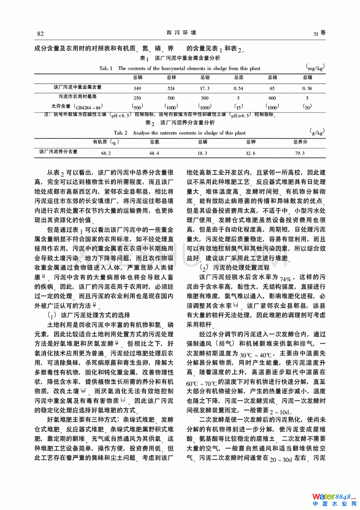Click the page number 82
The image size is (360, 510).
click(40, 34)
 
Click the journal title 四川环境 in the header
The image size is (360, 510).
click(181, 33)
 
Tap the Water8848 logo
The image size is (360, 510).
click(334, 499)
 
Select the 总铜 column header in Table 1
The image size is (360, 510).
click(137, 77)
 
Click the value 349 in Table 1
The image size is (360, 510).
click(137, 88)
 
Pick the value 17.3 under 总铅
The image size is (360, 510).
click(205, 88)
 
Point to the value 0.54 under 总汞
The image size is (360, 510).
click(238, 88)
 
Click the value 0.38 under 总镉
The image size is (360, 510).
click(307, 88)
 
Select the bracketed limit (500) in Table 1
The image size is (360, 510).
click(137, 107)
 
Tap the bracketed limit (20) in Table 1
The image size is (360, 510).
click(307, 107)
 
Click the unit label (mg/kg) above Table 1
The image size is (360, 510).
click(315, 67)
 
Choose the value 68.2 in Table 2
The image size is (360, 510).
click(106, 153)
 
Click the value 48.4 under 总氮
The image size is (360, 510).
click(154, 153)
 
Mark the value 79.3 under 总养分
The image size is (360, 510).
click(300, 153)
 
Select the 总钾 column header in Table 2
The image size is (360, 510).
click(251, 142)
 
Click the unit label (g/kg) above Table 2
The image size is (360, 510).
click(317, 131)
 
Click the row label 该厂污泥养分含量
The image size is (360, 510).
click(58, 152)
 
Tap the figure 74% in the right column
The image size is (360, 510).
click(286, 279)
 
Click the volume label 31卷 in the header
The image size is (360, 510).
click(319, 33)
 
